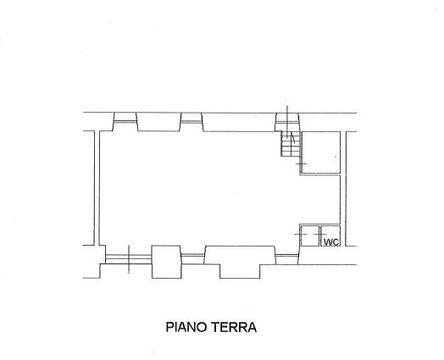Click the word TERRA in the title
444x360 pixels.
234,327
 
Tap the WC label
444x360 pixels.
331,242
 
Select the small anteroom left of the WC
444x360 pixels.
310,235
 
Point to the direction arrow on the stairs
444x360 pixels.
293,139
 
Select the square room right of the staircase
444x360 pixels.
321,152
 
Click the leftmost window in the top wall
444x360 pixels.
125,122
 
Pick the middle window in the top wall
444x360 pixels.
191,122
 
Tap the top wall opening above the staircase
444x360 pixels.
287,122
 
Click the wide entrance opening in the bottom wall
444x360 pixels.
129,259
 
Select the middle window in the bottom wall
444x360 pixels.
192,255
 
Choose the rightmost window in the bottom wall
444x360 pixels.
287,255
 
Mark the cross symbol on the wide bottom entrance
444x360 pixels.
129,259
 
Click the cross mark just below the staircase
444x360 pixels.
301,163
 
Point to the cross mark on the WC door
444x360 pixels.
320,235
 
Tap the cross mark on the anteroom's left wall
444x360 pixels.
301,235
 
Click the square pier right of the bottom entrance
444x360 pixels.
166,262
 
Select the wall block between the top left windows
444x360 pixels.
158,122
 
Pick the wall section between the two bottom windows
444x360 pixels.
240,255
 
